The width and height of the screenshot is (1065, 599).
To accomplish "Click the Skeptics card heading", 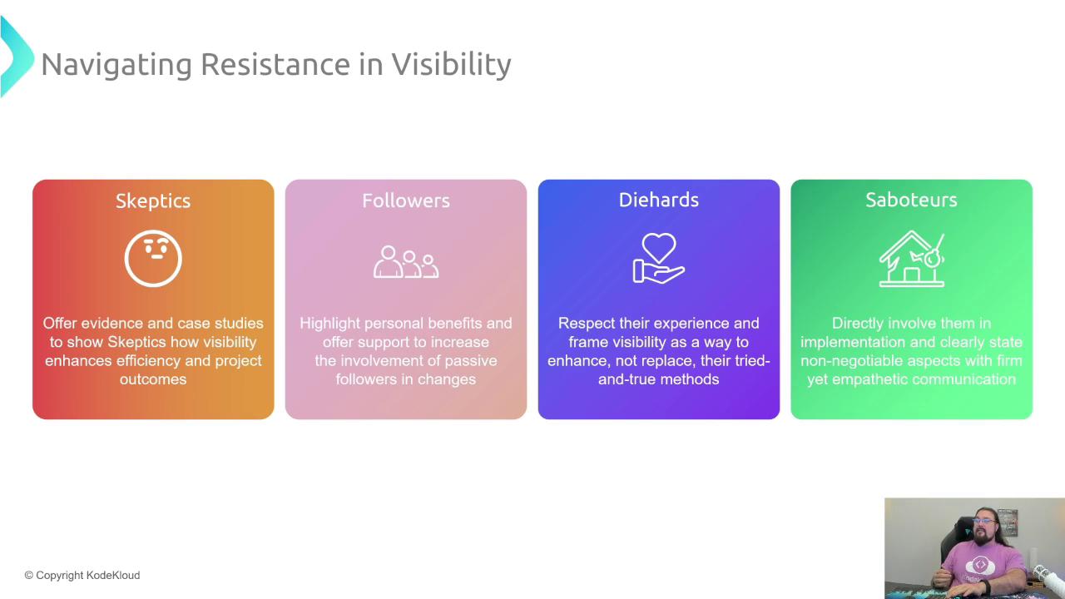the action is click(153, 201).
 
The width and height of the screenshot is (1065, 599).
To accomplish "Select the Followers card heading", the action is click(406, 200).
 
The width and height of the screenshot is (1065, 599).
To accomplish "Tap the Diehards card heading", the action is click(658, 200).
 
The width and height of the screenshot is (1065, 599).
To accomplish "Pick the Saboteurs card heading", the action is click(911, 200).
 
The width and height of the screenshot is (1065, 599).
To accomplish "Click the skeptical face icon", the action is click(153, 285).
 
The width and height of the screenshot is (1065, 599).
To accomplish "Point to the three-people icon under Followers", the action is click(406, 262).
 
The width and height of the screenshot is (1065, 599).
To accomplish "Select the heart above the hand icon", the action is click(658, 247).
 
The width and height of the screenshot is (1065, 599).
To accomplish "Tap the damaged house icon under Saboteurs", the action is click(911, 259).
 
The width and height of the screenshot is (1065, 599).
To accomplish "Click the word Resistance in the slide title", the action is click(275, 64).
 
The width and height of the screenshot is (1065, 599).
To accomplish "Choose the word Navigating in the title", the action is click(116, 65).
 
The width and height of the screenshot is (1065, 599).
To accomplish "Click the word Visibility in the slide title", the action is click(451, 65).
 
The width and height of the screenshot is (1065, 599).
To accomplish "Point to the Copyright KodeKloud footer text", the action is click(82, 575).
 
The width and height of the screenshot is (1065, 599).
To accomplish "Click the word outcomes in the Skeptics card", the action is click(153, 379).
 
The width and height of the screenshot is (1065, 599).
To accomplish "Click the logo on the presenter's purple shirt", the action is click(980, 565).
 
